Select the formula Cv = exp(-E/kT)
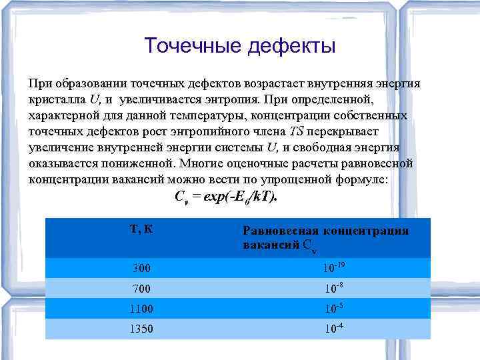[225, 197]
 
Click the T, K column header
[141, 229]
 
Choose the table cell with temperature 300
[141, 268]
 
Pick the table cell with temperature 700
[141, 289]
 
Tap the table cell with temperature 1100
[141, 309]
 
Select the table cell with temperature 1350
[141, 329]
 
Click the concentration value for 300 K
[334, 268]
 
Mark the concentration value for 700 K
[334, 289]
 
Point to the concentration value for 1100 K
[334, 309]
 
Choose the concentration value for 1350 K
[334, 329]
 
